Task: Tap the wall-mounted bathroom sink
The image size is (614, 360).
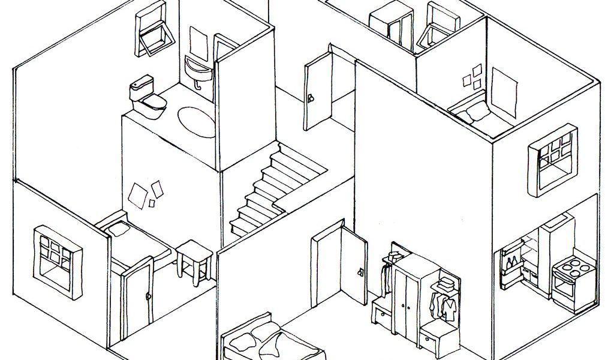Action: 198,70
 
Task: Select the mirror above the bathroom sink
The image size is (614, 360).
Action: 197,41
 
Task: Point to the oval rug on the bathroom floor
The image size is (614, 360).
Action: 196,121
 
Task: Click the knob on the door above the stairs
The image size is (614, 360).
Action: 311,98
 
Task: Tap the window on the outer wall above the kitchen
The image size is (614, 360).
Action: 551,158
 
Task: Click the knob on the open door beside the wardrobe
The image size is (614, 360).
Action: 360,272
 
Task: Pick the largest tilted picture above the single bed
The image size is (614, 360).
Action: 137,197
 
